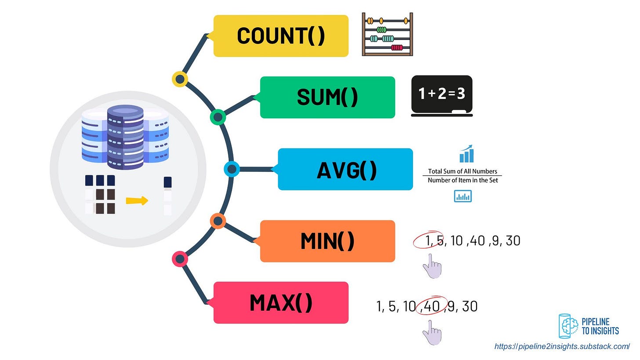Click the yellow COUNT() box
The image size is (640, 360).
(280, 36)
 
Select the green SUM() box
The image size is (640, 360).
(327, 97)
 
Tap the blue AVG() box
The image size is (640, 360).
(345, 169)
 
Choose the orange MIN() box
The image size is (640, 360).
(327, 241)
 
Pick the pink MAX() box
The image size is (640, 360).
(280, 302)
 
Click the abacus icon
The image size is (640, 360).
(387, 34)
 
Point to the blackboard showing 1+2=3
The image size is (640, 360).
(442, 95)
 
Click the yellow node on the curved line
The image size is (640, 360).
(180, 80)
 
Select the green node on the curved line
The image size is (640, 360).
(218, 117)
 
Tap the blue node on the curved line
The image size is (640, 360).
(232, 169)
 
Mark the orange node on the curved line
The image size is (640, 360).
(218, 221)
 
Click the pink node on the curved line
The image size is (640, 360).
(180, 259)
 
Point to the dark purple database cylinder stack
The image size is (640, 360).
(125, 137)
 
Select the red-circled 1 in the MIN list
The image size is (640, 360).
(429, 240)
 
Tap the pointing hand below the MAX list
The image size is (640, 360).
(432, 332)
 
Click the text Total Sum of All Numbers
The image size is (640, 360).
(462, 171)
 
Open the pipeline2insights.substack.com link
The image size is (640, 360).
(562, 346)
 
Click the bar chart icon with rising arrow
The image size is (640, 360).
(466, 154)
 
